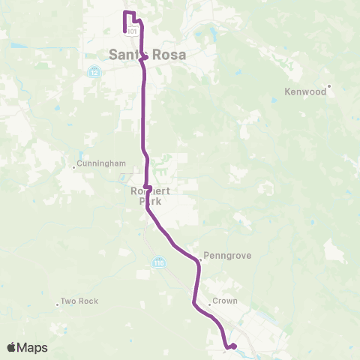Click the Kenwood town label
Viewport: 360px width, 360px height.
pos(306,93)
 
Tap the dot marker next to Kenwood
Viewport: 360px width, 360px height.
pos(329,85)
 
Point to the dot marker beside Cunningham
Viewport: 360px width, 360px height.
pos(74,166)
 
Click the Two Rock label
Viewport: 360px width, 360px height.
pos(79,301)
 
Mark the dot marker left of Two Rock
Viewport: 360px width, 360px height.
pos(58,304)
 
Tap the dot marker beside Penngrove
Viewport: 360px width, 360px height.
pos(200,261)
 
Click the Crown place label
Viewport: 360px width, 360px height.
pos(225,301)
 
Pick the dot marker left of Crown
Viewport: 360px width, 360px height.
pos(210,304)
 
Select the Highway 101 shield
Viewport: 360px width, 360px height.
pos(132,31)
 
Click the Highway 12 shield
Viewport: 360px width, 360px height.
pos(94,73)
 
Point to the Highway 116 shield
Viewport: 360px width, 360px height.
pos(158,262)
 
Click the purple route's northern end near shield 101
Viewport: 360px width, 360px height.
pos(124,30)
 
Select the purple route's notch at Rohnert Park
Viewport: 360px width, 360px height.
pos(148,187)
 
